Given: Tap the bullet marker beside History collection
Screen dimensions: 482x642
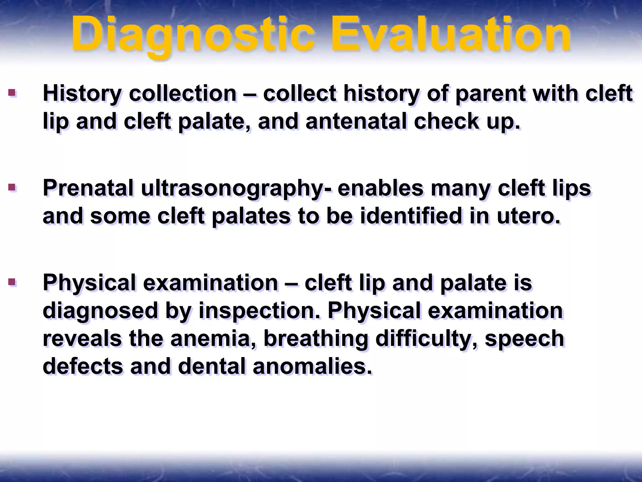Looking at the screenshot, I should point(12,93).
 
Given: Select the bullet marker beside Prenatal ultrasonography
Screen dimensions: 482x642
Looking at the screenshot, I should point(12,187).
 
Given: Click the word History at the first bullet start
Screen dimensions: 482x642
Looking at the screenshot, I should point(82,94).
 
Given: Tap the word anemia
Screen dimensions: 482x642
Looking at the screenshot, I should point(213,339).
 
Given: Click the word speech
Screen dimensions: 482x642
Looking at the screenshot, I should point(524,339).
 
